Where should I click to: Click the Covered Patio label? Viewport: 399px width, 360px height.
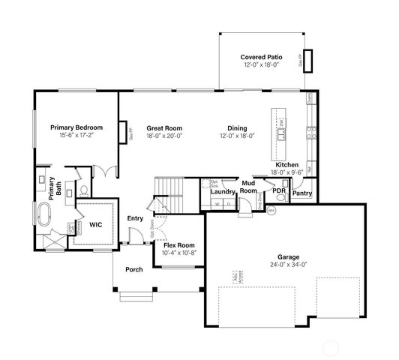[259, 57]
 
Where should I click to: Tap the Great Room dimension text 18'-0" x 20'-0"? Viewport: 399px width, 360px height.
[163, 136]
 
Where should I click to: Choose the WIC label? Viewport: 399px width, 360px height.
[95, 223]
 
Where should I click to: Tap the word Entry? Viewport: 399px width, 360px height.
[135, 218]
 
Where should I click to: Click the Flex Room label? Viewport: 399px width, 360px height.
[178, 245]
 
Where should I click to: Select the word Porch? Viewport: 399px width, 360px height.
[133, 269]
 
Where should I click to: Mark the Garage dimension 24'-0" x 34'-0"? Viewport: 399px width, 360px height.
[289, 263]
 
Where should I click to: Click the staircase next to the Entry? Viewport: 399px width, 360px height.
[168, 187]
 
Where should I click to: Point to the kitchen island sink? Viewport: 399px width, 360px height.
[283, 136]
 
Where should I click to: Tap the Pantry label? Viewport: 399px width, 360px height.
[302, 193]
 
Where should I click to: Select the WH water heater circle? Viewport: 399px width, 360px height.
[271, 211]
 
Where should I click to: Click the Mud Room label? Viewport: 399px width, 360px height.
[249, 187]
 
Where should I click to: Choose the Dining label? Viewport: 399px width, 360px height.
[237, 127]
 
